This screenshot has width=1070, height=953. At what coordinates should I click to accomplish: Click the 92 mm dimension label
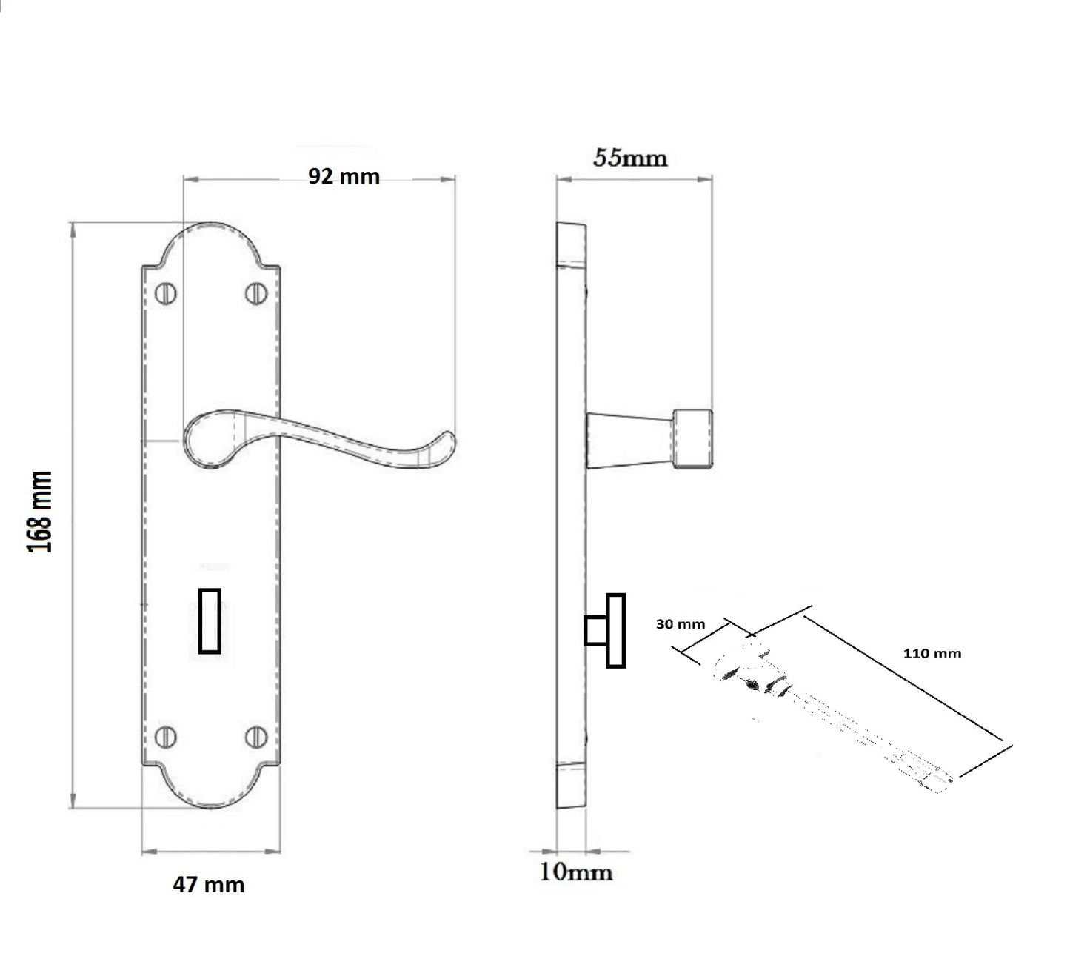coord(344,176)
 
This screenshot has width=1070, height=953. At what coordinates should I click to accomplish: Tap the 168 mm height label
coord(40,512)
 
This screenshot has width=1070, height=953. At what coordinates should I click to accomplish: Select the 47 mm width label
coord(208,884)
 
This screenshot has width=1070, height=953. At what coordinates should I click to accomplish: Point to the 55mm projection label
coord(630,158)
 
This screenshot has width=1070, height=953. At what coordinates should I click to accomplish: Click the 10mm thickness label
coord(576,872)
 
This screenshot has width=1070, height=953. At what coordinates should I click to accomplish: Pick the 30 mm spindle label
coord(681,624)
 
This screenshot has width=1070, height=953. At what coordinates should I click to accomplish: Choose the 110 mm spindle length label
coord(932,653)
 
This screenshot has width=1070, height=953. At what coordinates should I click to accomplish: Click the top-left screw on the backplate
coord(166,293)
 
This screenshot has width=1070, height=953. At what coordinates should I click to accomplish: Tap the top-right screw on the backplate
coord(256,293)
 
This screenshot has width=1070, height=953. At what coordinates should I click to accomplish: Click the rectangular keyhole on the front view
coord(210,621)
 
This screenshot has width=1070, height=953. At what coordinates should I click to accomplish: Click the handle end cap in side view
coord(692,440)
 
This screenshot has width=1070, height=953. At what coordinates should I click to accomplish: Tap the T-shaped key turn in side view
coord(606,631)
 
